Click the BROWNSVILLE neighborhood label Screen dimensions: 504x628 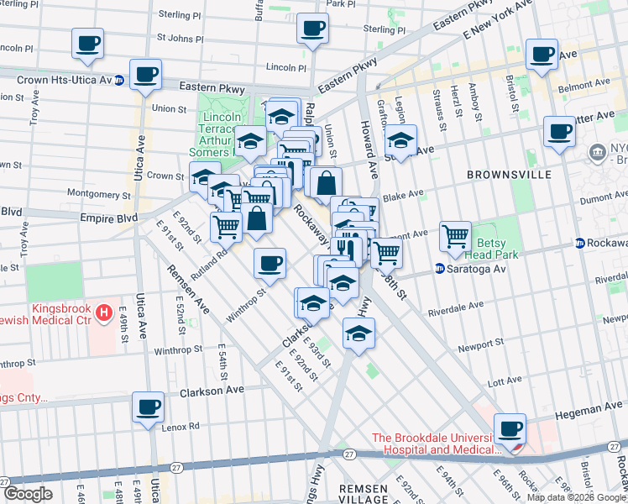click(510, 174)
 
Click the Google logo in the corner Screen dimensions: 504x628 click(28, 494)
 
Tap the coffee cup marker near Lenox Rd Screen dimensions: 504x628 click(148, 407)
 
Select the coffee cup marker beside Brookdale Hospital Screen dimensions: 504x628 click(510, 428)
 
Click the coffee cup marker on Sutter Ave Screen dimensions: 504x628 click(558, 132)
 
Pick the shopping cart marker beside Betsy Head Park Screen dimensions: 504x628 click(455, 237)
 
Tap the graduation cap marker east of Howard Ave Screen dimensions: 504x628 click(401, 139)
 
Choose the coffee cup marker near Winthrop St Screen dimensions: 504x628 click(270, 264)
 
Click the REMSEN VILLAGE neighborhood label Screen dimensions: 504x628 click(364, 493)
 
